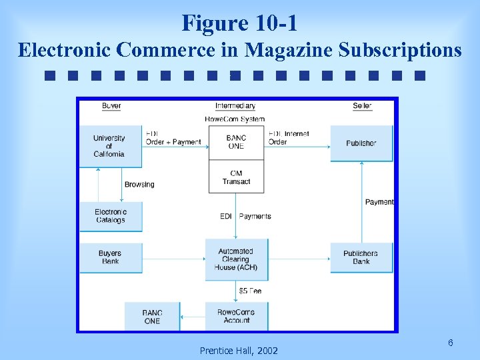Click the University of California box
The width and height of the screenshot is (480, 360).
(110, 146)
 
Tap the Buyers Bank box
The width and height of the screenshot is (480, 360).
(111, 257)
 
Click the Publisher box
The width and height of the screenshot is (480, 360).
(361, 143)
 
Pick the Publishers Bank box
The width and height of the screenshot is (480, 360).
(361, 257)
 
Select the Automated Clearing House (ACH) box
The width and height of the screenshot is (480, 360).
(236, 259)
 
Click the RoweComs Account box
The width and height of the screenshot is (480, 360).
(236, 316)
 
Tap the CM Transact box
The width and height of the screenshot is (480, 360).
(236, 177)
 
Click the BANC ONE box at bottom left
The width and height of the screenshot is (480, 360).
(152, 316)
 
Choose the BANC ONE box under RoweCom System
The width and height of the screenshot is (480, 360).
(236, 142)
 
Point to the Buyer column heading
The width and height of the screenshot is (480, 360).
(111, 106)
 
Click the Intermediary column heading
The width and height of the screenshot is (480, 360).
(235, 106)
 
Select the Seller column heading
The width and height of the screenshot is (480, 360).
(362, 106)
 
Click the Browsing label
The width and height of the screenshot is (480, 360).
(139, 185)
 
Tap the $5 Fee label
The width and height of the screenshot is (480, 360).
(250, 291)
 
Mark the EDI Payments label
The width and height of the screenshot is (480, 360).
(245, 216)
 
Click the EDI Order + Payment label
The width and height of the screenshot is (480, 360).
(173, 138)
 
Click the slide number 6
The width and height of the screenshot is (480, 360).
(451, 343)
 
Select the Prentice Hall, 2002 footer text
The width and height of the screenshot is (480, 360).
(239, 351)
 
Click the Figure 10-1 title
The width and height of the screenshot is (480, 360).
(239, 23)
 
